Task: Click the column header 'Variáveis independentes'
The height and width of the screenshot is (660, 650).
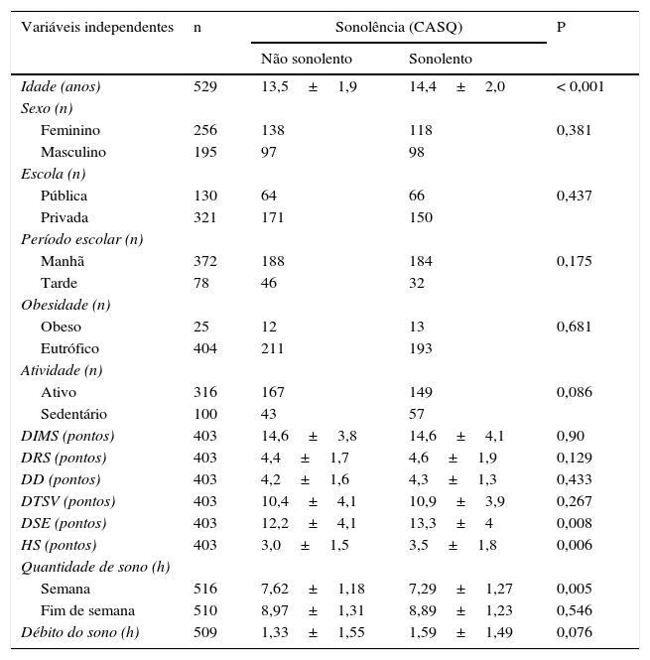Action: click(97, 28)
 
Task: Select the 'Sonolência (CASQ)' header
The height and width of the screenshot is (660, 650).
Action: click(398, 28)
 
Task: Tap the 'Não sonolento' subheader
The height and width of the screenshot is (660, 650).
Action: click(307, 60)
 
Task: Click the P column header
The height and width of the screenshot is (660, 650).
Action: click(562, 28)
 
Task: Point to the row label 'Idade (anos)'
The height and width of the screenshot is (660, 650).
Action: click(61, 86)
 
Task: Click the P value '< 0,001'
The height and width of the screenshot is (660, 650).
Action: click(581, 86)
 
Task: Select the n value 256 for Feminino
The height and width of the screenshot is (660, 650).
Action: click(204, 130)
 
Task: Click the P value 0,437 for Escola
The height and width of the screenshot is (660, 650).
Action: click(574, 196)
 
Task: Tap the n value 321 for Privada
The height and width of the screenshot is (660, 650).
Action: click(204, 217)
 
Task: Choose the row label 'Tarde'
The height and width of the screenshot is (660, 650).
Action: click(59, 283)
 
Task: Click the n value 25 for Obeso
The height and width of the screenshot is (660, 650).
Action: click(200, 327)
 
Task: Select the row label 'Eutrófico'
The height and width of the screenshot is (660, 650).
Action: click(69, 348)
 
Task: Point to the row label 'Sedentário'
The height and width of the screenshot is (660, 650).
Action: click(74, 414)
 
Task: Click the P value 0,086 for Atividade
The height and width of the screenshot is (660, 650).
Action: click(574, 392)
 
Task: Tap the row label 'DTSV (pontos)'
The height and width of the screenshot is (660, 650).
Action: click(68, 501)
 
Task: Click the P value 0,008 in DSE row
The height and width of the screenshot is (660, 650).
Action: click(574, 523)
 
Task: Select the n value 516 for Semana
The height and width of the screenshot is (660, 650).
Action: click(204, 589)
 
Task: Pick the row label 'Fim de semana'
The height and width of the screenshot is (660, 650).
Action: click(87, 610)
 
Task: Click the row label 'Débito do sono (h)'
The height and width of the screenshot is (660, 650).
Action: click(80, 632)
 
